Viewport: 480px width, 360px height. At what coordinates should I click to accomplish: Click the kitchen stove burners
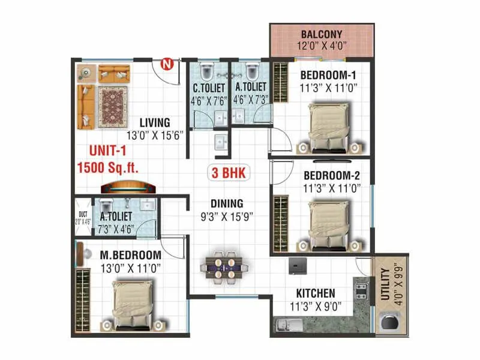pos(362,290)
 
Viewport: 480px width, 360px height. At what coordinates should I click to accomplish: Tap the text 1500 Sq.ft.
pos(108,167)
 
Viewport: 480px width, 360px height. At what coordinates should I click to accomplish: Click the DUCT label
pos(82,215)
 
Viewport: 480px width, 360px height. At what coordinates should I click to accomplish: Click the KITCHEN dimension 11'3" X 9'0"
pos(315,307)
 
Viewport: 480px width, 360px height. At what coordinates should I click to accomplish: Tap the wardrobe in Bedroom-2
pos(279,220)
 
